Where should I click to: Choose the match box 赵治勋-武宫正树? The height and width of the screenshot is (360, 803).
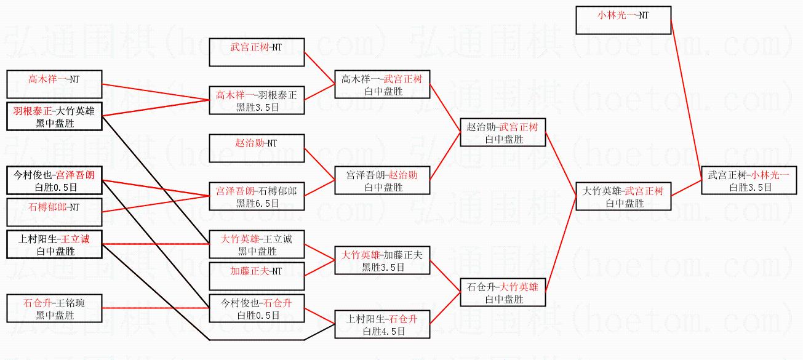[503, 132]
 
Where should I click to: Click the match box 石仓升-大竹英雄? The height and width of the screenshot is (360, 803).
[503, 292]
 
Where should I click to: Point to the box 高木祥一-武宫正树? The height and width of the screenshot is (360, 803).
[382, 85]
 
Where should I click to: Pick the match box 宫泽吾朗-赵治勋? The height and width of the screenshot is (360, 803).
[382, 181]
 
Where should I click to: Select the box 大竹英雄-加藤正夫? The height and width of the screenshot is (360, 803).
[382, 260]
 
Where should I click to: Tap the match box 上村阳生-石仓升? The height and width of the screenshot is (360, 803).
[382, 324]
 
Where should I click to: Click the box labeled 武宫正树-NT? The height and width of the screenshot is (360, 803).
[257, 52]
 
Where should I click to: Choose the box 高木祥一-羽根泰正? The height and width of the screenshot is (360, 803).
[257, 100]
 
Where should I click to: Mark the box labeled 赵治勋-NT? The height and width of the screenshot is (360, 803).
[257, 148]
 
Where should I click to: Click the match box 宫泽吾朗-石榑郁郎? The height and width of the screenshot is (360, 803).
[257, 196]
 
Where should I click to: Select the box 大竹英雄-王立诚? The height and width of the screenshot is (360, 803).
[257, 244]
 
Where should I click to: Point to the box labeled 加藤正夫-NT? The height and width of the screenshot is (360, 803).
[257, 276]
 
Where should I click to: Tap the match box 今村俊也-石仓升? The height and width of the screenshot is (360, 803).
[257, 308]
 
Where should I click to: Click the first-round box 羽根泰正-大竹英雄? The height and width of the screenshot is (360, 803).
[54, 116]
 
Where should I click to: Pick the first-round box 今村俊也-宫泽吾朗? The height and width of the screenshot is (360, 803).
[54, 180]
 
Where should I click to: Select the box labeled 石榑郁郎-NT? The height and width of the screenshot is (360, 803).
[54, 212]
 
